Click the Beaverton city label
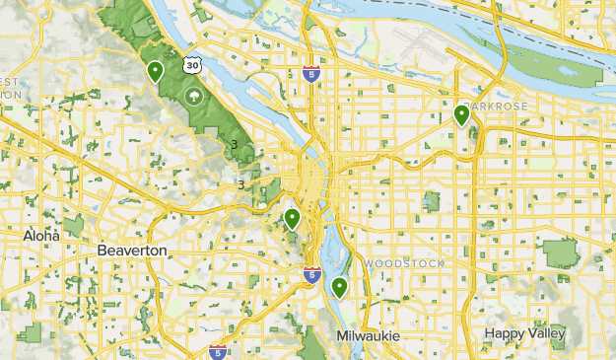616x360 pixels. (x=132, y=252)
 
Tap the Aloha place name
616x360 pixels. (x=41, y=237)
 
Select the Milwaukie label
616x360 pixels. (x=368, y=336)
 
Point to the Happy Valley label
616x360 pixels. (x=524, y=333)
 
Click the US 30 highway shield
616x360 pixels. (x=193, y=64)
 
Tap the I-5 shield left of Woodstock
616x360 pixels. (x=311, y=273)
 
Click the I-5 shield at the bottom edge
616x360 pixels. (x=218, y=351)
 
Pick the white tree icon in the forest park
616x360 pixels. (x=193, y=96)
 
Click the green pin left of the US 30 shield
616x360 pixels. (x=156, y=72)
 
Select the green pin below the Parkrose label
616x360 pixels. (x=461, y=116)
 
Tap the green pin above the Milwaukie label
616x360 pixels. (x=339, y=288)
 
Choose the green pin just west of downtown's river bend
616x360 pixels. (x=292, y=219)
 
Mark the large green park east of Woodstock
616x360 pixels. (x=560, y=253)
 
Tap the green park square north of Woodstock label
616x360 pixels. (x=431, y=202)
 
